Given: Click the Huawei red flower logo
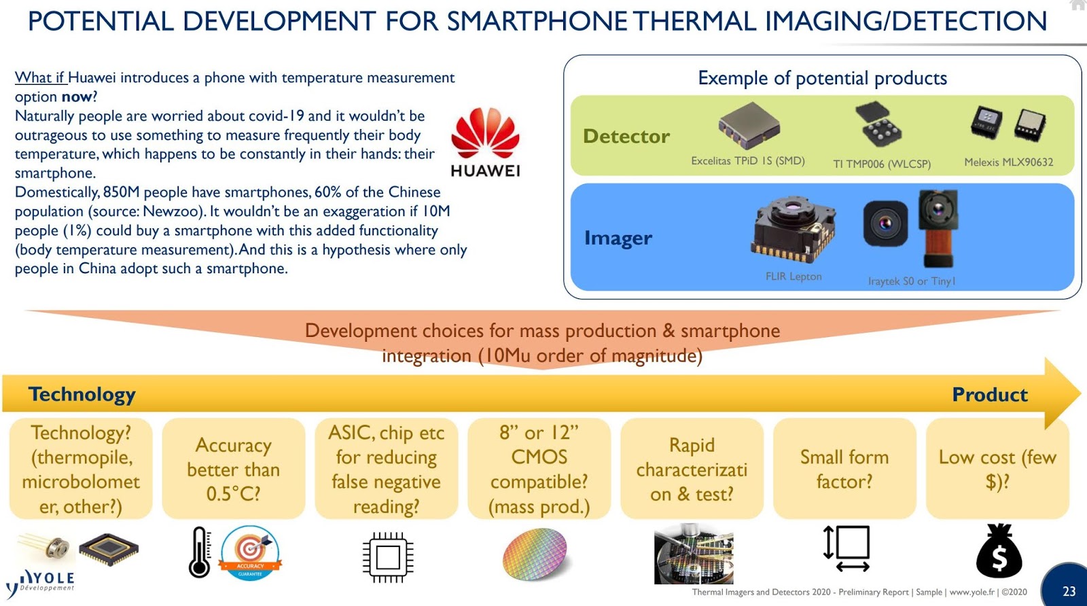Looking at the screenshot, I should pyautogui.click(x=485, y=133).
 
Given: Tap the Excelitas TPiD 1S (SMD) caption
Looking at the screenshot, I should pyautogui.click(x=747, y=161).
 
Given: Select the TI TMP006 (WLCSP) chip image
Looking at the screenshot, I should pyautogui.click(x=878, y=125).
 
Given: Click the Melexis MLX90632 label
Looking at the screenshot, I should pyautogui.click(x=1008, y=162).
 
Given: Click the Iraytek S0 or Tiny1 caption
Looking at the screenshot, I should pyautogui.click(x=911, y=281).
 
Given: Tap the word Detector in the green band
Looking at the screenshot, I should pyautogui.click(x=626, y=137).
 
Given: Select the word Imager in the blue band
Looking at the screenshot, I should pyautogui.click(x=618, y=238).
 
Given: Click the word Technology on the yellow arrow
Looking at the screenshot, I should pyautogui.click(x=82, y=394).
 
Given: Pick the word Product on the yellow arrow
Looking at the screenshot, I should pyautogui.click(x=989, y=395).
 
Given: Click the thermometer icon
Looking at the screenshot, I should pyautogui.click(x=199, y=552).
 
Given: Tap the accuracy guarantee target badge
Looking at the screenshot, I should pyautogui.click(x=250, y=552).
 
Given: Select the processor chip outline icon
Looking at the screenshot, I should pyautogui.click(x=387, y=557).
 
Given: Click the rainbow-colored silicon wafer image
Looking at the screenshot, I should pyautogui.click(x=535, y=554).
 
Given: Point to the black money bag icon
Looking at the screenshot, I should pyautogui.click(x=999, y=552).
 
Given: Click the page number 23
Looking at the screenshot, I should pyautogui.click(x=1069, y=591).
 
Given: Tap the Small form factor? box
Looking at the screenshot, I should pyautogui.click(x=844, y=469).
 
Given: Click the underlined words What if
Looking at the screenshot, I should pyautogui.click(x=40, y=77).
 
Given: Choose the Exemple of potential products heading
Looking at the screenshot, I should pyautogui.click(x=822, y=78).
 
